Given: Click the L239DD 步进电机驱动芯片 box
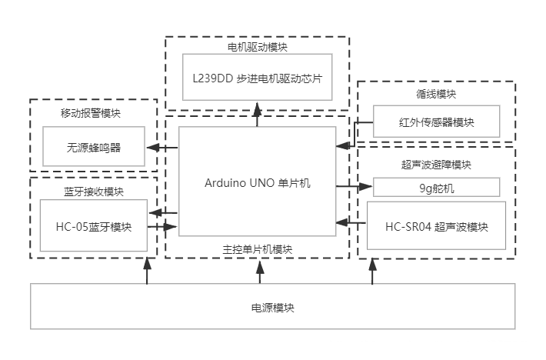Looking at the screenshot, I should [257, 77].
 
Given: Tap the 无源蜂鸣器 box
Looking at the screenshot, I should [94, 148].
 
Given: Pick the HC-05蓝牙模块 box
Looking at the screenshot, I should [93, 227].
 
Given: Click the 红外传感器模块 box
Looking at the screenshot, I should [436, 122].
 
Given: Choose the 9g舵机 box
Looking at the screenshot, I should [436, 187].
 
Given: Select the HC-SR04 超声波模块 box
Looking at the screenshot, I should [436, 226].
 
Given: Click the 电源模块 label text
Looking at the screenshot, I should [272, 308].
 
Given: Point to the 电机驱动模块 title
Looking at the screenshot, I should [257, 47].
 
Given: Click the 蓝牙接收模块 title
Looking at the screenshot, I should [93, 192].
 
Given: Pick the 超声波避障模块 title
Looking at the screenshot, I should [436, 165].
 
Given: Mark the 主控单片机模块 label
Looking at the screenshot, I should [257, 248].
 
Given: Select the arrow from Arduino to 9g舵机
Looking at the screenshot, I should [355, 186].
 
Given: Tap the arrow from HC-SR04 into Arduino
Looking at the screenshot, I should [352, 222].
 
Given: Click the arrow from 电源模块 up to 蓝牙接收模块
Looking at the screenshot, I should [147, 272].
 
